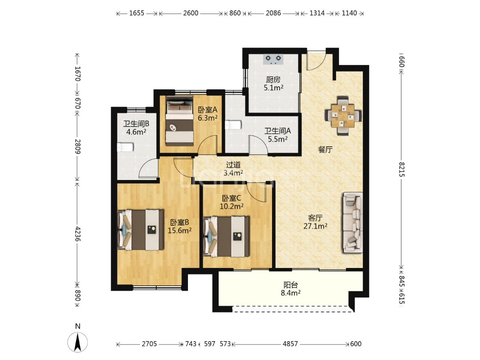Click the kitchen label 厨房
[x=273, y=80]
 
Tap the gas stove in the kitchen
[x=273, y=59]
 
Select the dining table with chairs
[x=343, y=116]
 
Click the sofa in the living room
[x=353, y=223]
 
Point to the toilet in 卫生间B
[x=125, y=147]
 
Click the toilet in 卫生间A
[x=233, y=125]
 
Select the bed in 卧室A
[x=180, y=121]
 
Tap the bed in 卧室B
[x=141, y=230]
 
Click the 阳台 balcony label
[x=291, y=285]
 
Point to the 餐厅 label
[x=325, y=149]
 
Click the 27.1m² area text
[x=315, y=226]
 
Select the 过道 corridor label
[x=233, y=165]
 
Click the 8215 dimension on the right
[x=402, y=169]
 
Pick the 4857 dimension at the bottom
[x=290, y=344]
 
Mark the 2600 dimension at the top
[x=191, y=13]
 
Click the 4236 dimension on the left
[x=77, y=234]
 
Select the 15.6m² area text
[x=180, y=231]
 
